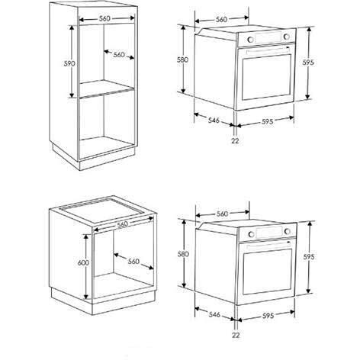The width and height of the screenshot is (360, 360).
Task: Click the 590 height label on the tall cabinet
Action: coord(69,63)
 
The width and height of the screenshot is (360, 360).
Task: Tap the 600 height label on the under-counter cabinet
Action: coord(83,262)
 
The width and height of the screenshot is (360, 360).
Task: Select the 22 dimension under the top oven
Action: coord(235,140)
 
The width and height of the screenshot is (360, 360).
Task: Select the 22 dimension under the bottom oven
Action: coord(236,335)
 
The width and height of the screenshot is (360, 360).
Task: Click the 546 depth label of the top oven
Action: coord(214,120)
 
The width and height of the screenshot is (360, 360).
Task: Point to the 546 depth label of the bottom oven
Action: coord(214,315)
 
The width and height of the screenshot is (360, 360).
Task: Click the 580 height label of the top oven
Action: coord(182,59)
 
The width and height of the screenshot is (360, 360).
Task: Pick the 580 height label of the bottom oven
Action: coord(183,254)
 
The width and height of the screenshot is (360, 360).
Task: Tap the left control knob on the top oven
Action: coord(250,40)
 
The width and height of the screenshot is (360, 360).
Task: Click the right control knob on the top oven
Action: coord(287,37)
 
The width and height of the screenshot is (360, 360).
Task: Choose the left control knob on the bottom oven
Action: coord(251,234)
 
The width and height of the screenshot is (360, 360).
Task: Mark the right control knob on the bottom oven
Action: coord(288,231)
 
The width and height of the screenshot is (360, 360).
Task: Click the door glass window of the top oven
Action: coord(267,77)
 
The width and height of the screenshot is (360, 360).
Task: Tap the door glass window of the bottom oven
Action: coord(268,272)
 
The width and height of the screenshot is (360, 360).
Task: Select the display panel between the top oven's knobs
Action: coord(268,38)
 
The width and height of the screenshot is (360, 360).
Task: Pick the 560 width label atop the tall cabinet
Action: coord(104,18)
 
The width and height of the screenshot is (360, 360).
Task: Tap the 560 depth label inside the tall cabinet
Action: coord(119,55)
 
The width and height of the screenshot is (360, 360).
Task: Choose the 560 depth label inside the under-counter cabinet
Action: coord(133,262)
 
